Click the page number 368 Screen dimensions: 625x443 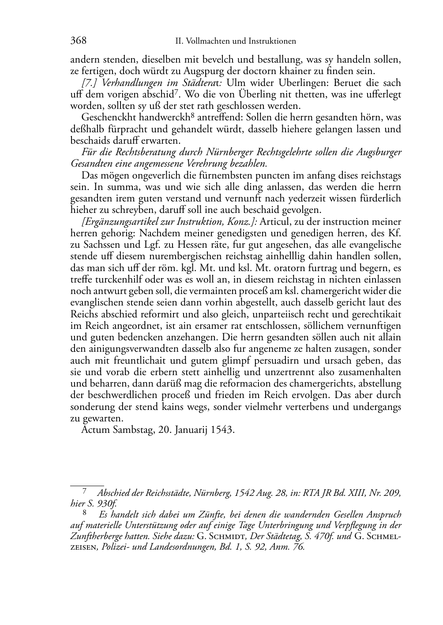point(78,41)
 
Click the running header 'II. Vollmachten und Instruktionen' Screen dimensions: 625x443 point(235,41)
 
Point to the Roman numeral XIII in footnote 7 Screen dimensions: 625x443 point(353,493)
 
